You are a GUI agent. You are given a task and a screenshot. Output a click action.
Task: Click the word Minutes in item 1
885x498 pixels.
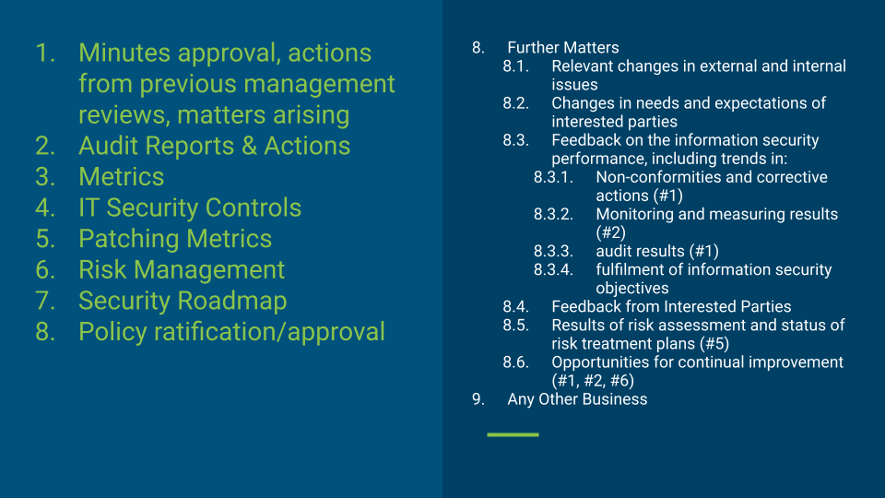coord(124,53)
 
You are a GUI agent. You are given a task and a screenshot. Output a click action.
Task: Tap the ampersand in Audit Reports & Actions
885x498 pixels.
coord(249,146)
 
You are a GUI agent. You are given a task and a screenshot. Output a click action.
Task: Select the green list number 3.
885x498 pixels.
coord(45,177)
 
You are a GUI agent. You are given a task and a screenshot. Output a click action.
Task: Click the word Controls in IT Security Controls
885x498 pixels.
coord(253,207)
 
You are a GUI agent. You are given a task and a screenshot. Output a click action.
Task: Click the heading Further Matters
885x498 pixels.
coord(563,47)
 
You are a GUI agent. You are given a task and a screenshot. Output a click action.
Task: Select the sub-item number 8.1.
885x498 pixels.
coord(515,66)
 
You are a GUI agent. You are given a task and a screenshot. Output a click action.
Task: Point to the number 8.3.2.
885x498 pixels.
coord(553,214)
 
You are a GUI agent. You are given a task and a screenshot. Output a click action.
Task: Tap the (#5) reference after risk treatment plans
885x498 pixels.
coord(714,343)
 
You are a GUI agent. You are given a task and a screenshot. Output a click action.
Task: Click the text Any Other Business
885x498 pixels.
coord(577,399)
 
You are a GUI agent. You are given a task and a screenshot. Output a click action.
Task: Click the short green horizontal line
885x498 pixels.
coord(513,434)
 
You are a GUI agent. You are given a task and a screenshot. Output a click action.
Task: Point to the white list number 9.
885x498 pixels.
coord(478,399)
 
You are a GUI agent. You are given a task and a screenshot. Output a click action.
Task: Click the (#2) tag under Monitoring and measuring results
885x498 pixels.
coord(610,232)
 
